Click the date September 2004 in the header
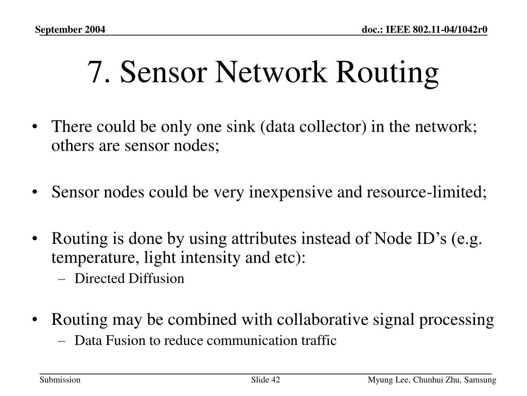[71, 30]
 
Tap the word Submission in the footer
[60, 380]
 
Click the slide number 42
[275, 380]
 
